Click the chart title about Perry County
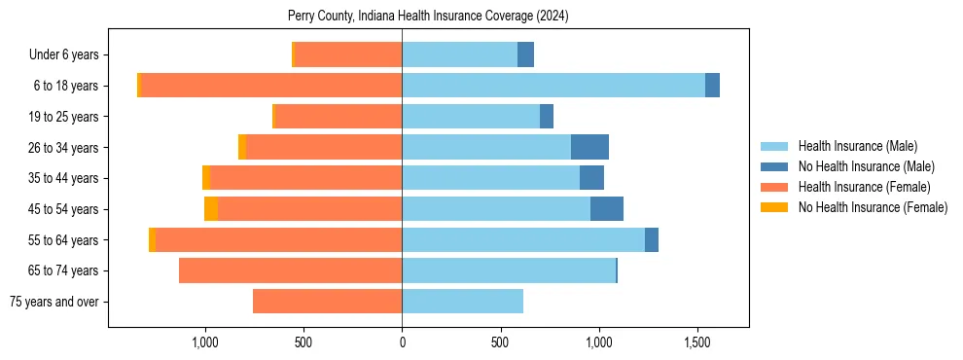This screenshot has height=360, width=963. click(x=428, y=17)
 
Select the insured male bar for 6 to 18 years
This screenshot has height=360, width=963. click(x=553, y=86)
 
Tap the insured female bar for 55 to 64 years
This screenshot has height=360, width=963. click(x=278, y=239)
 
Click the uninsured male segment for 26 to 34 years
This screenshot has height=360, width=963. click(x=589, y=147)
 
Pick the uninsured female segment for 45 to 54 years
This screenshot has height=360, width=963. click(x=211, y=209)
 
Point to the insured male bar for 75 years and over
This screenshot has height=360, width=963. click(x=462, y=302)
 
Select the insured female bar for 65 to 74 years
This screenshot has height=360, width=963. click(x=290, y=270)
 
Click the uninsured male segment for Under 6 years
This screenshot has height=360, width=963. click(x=525, y=54)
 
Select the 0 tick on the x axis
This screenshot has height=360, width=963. click(x=402, y=342)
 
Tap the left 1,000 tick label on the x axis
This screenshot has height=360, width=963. click(x=204, y=342)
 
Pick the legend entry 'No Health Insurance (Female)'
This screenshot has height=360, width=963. click(x=873, y=207)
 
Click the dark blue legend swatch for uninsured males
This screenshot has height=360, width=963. click(x=774, y=166)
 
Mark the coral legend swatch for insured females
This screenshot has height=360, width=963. click(x=774, y=187)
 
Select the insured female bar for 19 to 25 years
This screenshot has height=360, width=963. click(x=339, y=117)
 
